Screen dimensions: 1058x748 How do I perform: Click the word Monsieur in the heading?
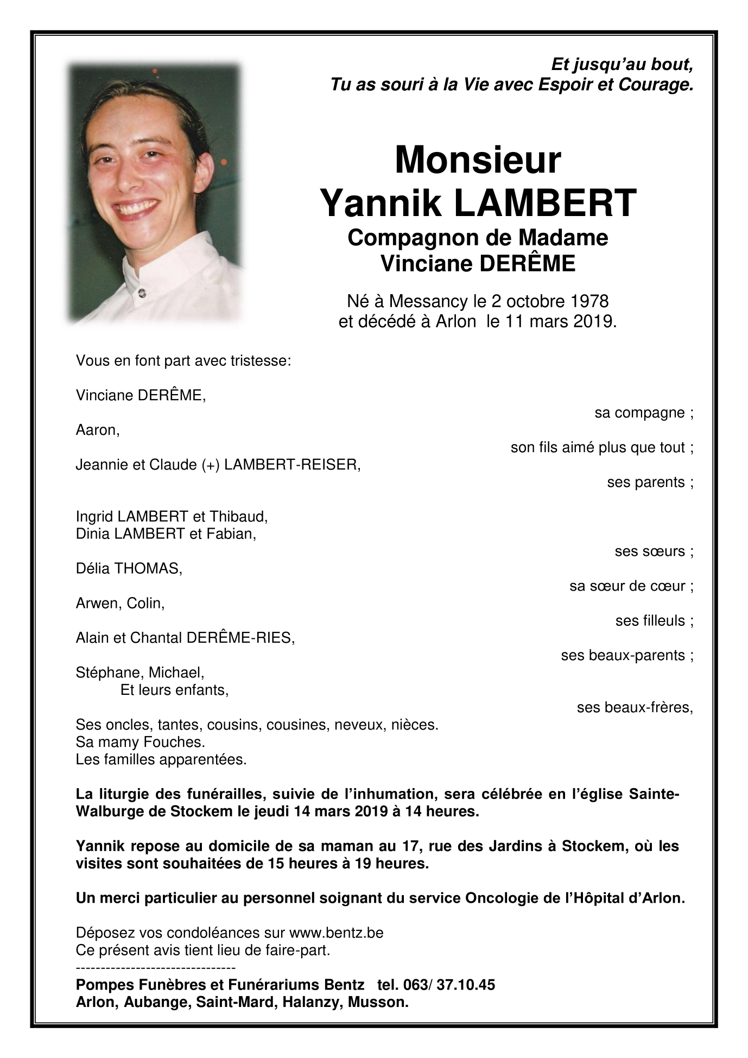pos(477,161)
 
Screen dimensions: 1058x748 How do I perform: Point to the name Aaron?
pos(97,430)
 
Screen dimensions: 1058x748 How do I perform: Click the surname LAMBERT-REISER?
pos(291,465)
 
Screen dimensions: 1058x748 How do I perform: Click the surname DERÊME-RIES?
pos(239,638)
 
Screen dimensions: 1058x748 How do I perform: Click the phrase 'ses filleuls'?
pos(650,621)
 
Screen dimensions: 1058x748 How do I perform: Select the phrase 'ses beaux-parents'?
pos(623,656)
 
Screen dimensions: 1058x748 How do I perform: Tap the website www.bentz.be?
pos(336,933)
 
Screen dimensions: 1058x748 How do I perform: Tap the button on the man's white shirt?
pos(143,293)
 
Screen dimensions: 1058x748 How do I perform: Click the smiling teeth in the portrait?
pos(138,208)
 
